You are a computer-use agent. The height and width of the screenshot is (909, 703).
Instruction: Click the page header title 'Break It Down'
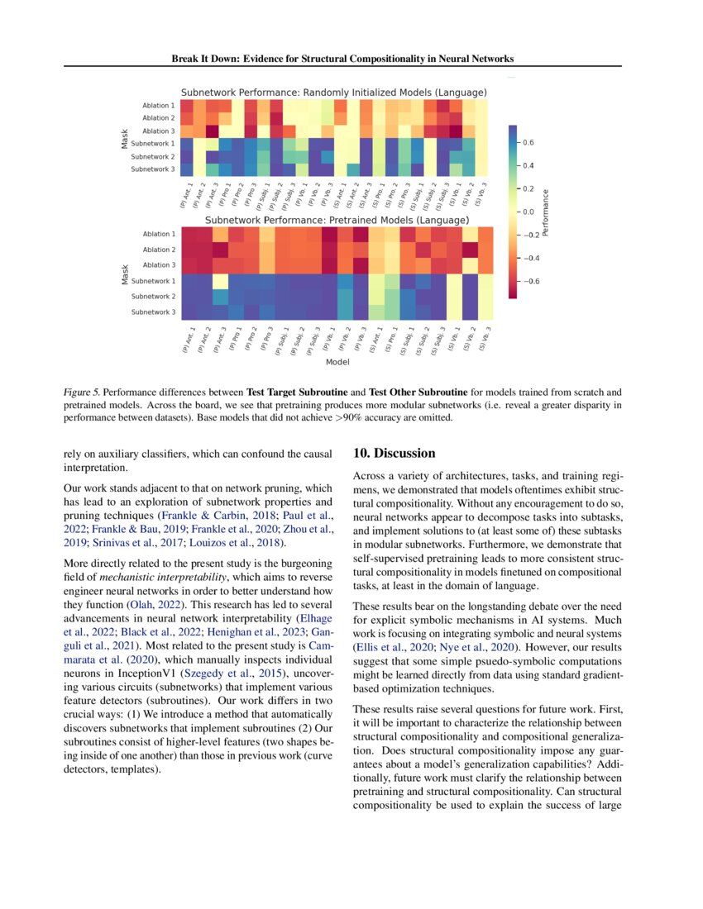(x=342, y=59)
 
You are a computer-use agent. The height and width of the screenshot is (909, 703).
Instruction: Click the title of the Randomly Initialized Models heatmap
(x=333, y=92)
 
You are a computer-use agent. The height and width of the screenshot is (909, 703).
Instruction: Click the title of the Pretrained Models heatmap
(x=337, y=221)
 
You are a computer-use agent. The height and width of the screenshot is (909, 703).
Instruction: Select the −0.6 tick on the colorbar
(x=530, y=281)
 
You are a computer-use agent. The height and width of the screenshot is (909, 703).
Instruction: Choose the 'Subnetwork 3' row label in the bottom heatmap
(x=153, y=312)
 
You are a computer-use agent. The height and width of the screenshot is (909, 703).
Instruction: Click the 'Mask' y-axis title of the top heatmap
(x=124, y=137)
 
